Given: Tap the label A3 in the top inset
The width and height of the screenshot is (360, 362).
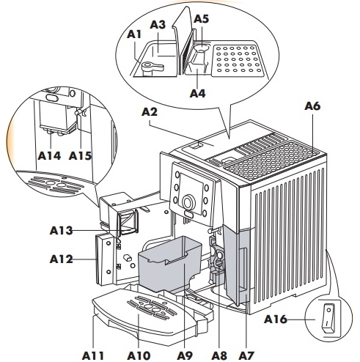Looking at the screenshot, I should [x=158, y=24].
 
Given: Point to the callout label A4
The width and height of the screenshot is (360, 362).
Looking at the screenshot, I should [x=197, y=93].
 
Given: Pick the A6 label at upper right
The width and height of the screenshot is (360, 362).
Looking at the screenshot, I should [x=312, y=106].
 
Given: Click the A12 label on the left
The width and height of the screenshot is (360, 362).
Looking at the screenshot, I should [x=62, y=259].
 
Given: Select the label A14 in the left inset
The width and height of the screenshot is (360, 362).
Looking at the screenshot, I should [x=51, y=155].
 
